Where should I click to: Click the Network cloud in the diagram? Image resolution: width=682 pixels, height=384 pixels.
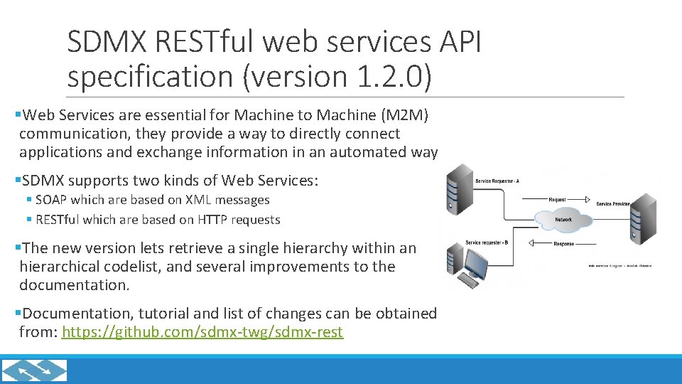563,220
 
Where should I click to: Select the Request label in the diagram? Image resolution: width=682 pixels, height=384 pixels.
558,200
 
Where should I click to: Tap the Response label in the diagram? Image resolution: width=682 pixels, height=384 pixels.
563,244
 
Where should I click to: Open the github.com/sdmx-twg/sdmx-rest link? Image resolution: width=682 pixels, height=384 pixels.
202,332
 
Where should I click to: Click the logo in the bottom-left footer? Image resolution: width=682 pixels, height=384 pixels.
35,370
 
